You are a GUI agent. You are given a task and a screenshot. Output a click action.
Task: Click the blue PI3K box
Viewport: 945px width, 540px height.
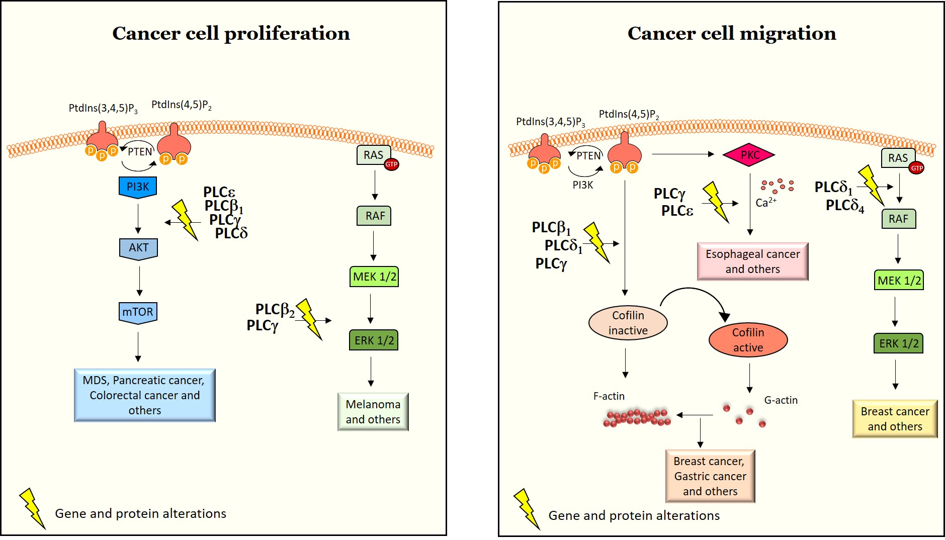138,187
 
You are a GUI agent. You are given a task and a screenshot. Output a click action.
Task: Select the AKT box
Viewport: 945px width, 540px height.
138,248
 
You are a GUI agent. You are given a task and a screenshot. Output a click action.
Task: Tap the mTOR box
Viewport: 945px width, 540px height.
138,312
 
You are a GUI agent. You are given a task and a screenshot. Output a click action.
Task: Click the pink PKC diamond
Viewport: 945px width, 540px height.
749,155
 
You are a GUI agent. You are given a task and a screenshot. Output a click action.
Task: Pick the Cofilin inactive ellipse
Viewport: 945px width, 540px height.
628,323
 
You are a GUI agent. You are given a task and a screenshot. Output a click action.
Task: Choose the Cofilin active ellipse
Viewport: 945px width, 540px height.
748,340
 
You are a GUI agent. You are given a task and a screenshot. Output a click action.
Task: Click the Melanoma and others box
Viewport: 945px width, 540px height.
373,412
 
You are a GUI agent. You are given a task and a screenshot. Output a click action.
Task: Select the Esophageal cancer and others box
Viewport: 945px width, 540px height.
752,261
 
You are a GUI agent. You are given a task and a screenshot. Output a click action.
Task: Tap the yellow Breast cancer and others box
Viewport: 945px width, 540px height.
895,419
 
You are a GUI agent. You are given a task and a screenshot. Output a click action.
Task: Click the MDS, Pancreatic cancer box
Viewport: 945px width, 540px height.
144,395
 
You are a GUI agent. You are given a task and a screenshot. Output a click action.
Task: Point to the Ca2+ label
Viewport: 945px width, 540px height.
765,202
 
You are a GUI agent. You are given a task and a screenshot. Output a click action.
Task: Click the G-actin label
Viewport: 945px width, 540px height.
781,400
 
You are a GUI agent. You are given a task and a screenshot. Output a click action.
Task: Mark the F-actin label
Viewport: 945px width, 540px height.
609,396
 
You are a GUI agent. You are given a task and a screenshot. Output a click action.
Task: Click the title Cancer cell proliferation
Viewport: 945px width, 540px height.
231,34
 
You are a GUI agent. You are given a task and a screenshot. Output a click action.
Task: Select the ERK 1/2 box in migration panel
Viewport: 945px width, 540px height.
898,343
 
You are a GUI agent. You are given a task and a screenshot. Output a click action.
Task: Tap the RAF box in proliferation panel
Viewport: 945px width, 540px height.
375,216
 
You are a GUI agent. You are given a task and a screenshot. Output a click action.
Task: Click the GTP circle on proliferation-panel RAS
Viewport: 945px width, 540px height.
391,164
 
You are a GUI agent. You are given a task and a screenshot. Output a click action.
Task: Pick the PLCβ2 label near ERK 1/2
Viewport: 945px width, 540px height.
275,310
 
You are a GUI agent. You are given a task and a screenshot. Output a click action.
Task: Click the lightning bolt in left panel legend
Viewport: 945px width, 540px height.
32,508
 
